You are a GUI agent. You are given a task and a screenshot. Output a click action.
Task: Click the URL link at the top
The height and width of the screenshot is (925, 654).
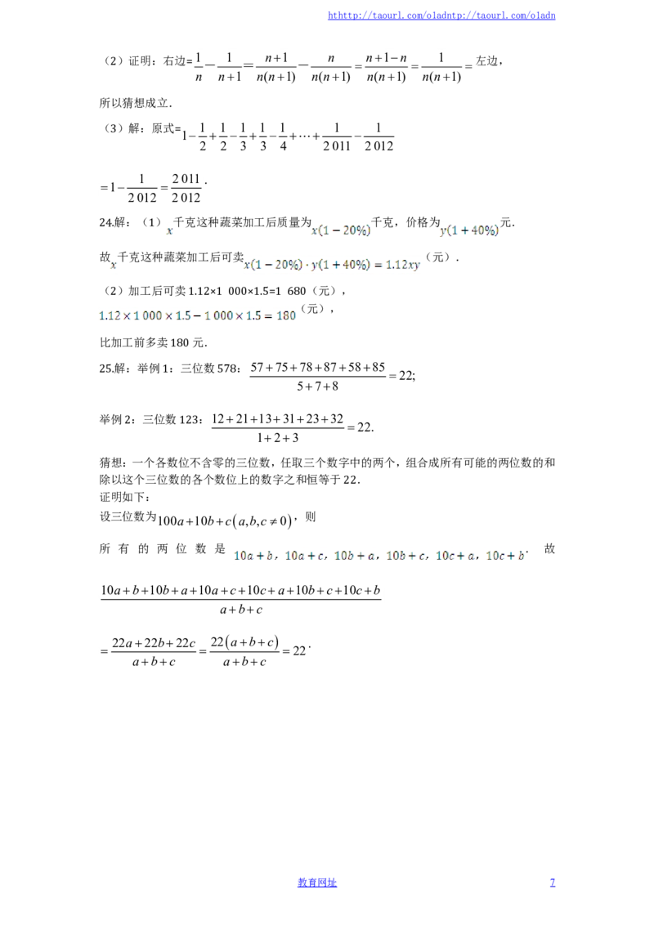coord(441,16)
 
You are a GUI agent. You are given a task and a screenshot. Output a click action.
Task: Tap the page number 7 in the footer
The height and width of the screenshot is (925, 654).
coord(553,883)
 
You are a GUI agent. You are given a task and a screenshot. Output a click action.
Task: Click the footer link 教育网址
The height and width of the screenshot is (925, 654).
coord(317,883)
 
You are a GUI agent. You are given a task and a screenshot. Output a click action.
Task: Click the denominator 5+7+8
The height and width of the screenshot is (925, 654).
coord(317,387)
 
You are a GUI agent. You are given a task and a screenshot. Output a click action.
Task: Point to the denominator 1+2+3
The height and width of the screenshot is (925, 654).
coord(277,438)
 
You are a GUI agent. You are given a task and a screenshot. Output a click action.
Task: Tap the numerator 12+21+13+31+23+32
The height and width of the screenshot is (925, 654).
coord(277,419)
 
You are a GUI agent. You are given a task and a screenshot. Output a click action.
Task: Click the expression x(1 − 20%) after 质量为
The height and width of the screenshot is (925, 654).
coord(341,230)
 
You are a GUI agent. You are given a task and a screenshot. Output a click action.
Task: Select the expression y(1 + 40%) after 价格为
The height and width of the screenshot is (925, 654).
coord(469,230)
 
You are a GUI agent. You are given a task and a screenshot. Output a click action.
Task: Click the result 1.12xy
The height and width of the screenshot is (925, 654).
coord(402,265)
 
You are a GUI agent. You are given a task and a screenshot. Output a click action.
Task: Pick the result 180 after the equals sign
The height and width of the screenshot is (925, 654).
coord(286,315)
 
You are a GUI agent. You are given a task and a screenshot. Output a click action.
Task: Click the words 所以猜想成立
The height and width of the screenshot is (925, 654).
coord(134,103)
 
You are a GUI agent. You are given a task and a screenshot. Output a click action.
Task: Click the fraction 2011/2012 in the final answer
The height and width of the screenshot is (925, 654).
coord(186,188)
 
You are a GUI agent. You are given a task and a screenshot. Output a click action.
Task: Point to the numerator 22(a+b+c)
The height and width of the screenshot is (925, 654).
coord(244,641)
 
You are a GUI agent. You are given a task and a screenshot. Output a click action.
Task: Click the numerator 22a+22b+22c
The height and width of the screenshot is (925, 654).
coord(154,643)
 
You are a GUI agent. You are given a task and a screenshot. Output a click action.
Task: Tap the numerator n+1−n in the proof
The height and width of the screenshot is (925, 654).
coord(386,58)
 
